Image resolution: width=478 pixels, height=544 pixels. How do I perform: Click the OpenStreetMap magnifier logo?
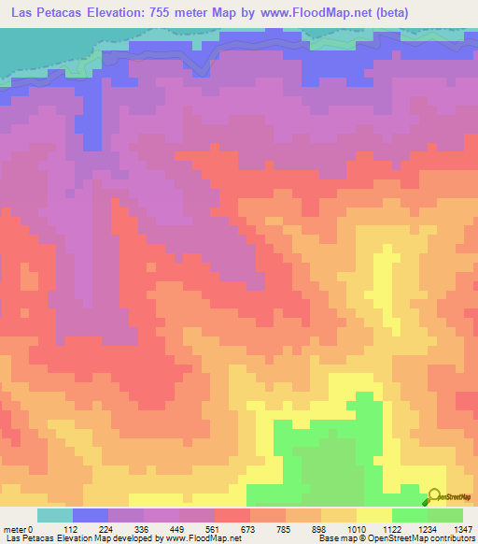432,498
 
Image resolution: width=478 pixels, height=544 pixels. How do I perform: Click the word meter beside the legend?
13,529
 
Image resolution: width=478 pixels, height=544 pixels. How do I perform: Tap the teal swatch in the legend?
54,515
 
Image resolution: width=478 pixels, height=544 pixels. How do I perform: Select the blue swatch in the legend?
90,515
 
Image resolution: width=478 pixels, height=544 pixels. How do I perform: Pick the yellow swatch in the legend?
373,515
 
